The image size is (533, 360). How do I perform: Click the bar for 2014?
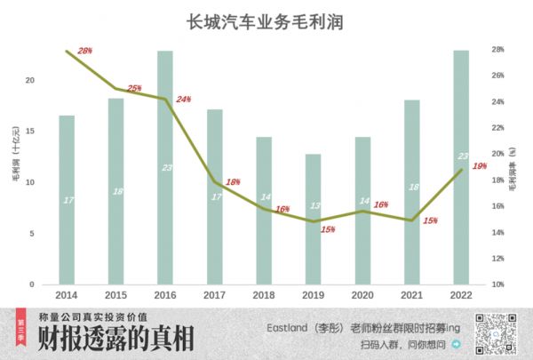(x=67, y=200)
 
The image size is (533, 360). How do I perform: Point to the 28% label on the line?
(x=85, y=51)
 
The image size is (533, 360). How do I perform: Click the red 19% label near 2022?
(x=479, y=166)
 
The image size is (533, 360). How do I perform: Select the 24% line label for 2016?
(x=183, y=99)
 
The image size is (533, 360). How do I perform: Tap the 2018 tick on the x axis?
(x=264, y=293)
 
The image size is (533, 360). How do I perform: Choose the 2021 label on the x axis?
(x=411, y=293)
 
